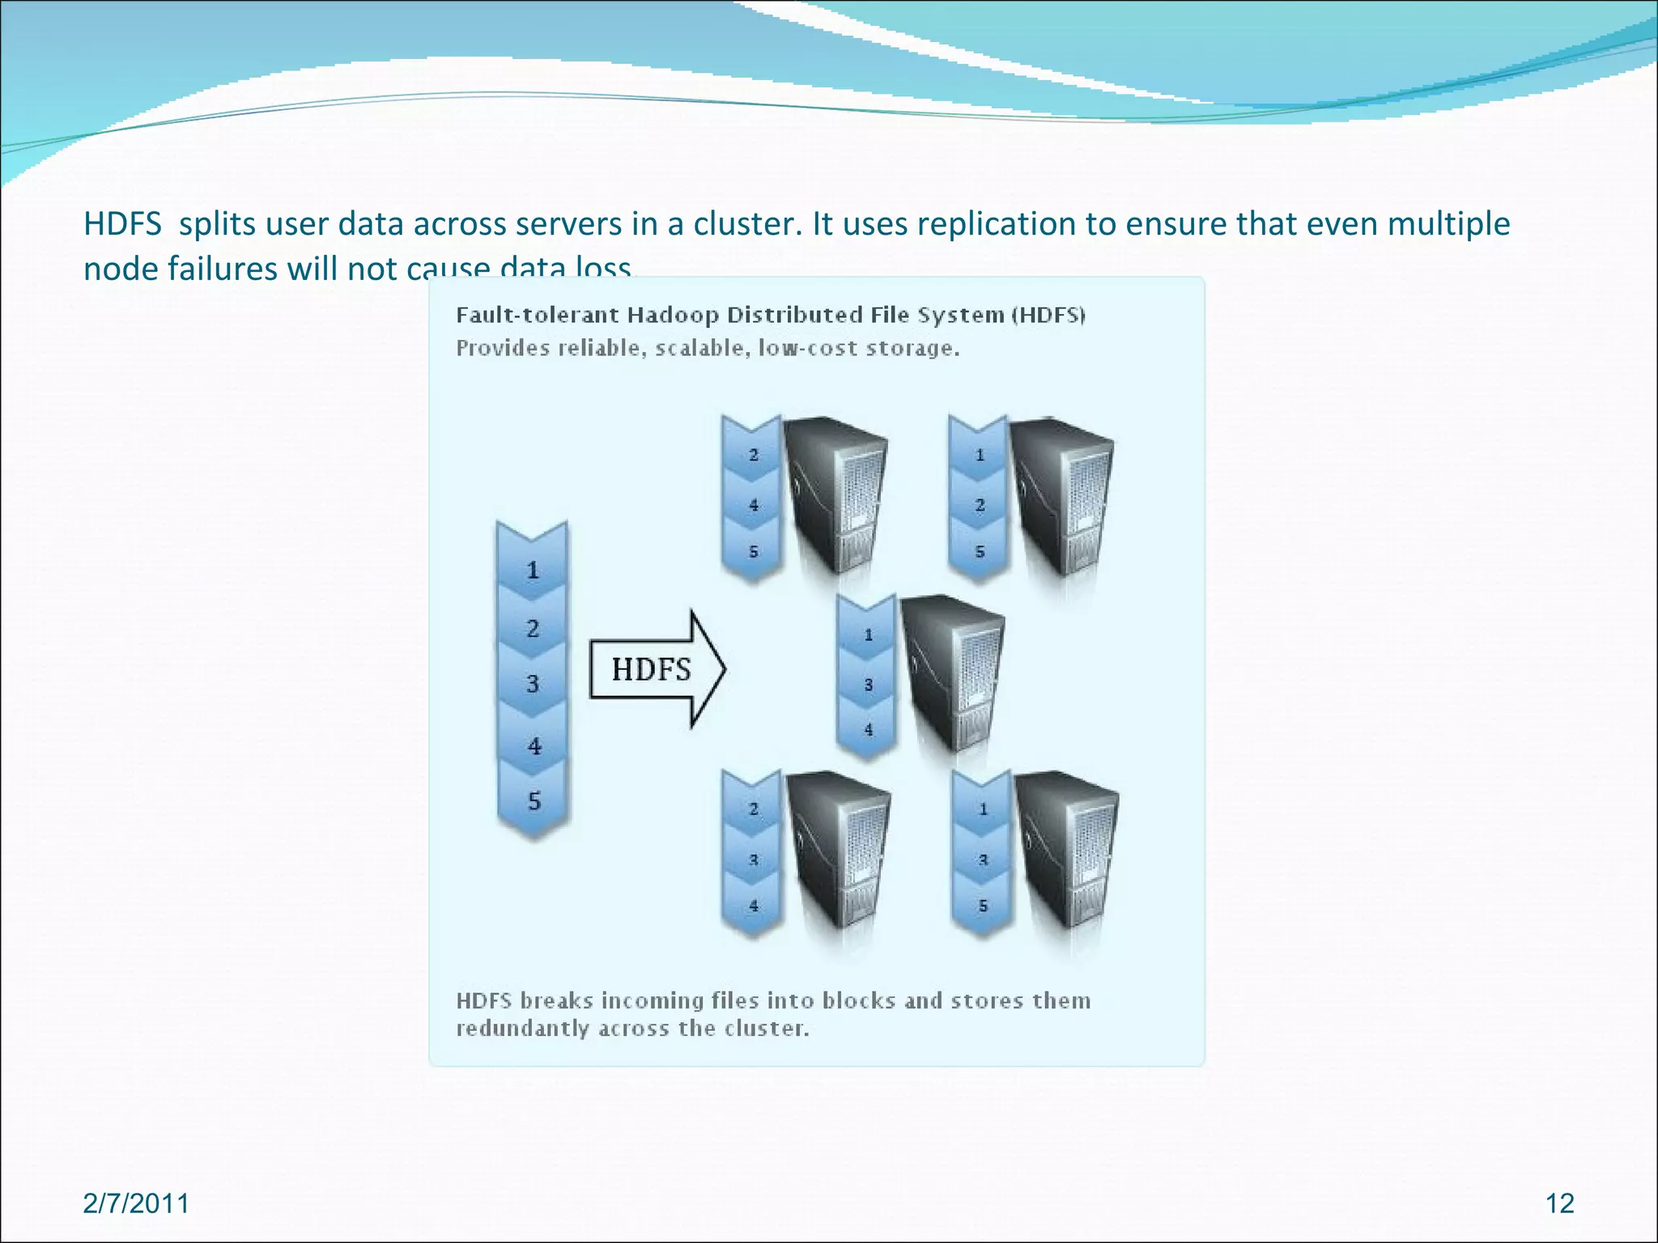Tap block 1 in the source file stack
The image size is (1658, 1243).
(x=532, y=570)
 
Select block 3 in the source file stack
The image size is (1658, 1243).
(x=532, y=684)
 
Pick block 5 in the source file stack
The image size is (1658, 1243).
(x=534, y=801)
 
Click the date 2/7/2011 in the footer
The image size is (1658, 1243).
(x=136, y=1203)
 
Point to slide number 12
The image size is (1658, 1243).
(x=1559, y=1203)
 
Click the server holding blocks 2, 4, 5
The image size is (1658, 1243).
(x=837, y=494)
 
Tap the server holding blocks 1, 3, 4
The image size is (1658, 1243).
(x=952, y=672)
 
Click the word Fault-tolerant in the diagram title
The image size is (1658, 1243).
(x=538, y=315)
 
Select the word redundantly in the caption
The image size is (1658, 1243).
(x=523, y=1029)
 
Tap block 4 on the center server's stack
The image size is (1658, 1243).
(x=868, y=729)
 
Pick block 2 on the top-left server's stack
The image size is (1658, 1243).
(x=753, y=455)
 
